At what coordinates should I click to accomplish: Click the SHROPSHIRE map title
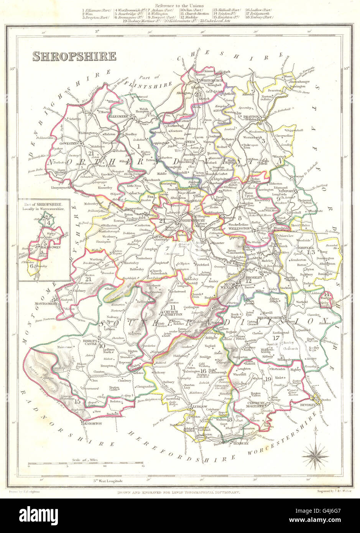point(74,57)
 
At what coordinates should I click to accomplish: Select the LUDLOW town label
point(199,407)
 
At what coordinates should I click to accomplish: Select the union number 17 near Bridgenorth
point(274,338)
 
